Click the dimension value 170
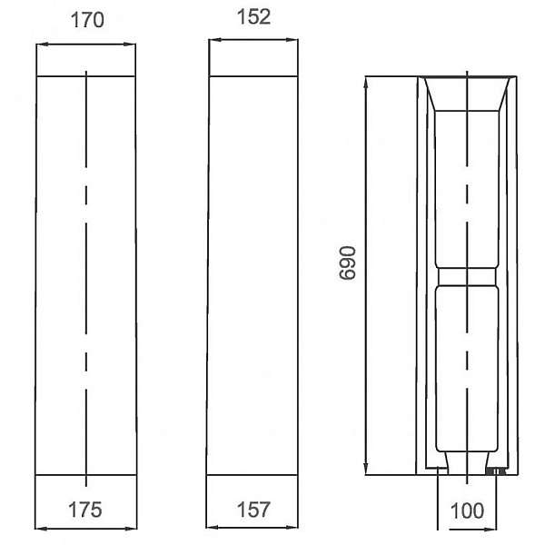coord(87,20)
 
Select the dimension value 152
coord(253,16)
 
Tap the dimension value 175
coord(85,510)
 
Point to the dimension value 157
coord(253,510)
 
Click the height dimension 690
coord(347,263)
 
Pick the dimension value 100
coord(467,510)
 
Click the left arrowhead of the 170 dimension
coord(42,45)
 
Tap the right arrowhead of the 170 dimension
coord(130,45)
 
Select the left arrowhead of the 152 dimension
coord(214,40)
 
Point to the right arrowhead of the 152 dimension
coord(292,40)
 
